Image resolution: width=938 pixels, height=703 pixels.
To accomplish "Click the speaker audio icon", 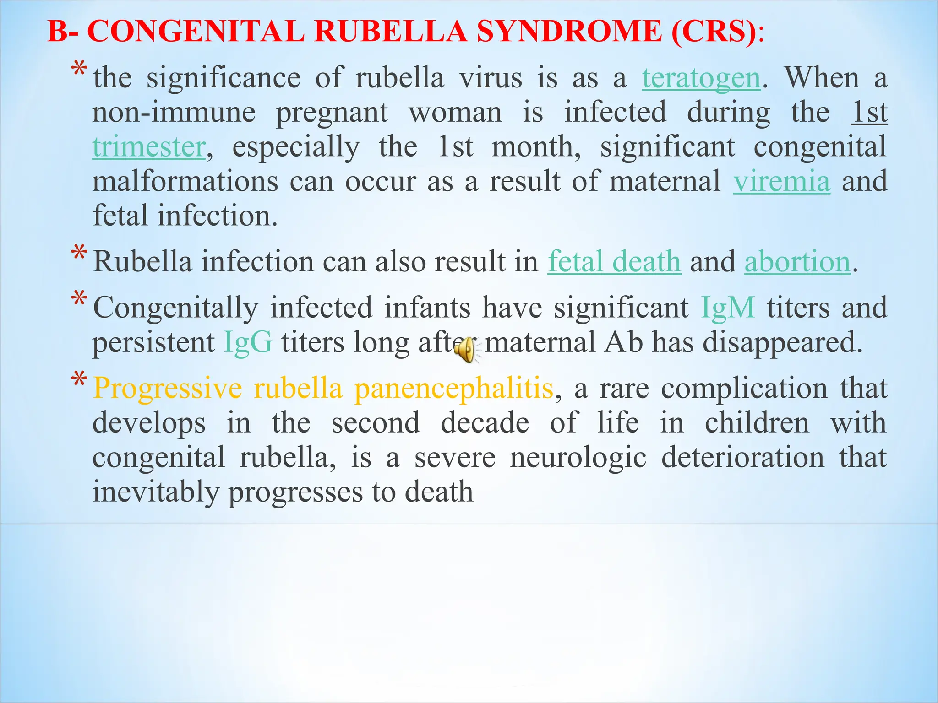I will pos(465,350).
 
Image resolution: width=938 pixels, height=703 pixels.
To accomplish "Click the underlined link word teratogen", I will pos(701,78).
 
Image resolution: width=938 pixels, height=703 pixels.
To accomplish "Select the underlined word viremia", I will pos(781,181).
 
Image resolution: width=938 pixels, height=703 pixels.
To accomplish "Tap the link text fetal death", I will pos(614,262).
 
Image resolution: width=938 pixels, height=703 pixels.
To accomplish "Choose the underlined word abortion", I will pos(797,262).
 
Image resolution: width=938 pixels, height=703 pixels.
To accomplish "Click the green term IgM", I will pos(728,308).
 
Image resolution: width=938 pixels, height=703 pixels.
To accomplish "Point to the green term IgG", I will pos(248,342).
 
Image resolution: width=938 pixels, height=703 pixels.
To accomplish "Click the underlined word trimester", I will pos(149,147).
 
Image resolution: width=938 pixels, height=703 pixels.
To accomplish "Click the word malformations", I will pos(185,181).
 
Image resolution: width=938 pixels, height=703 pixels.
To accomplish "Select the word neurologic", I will pos(578,457).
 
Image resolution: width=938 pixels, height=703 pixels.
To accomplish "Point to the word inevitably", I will pos(156,492).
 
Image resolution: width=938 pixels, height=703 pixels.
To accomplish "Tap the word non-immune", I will pos(174,113).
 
